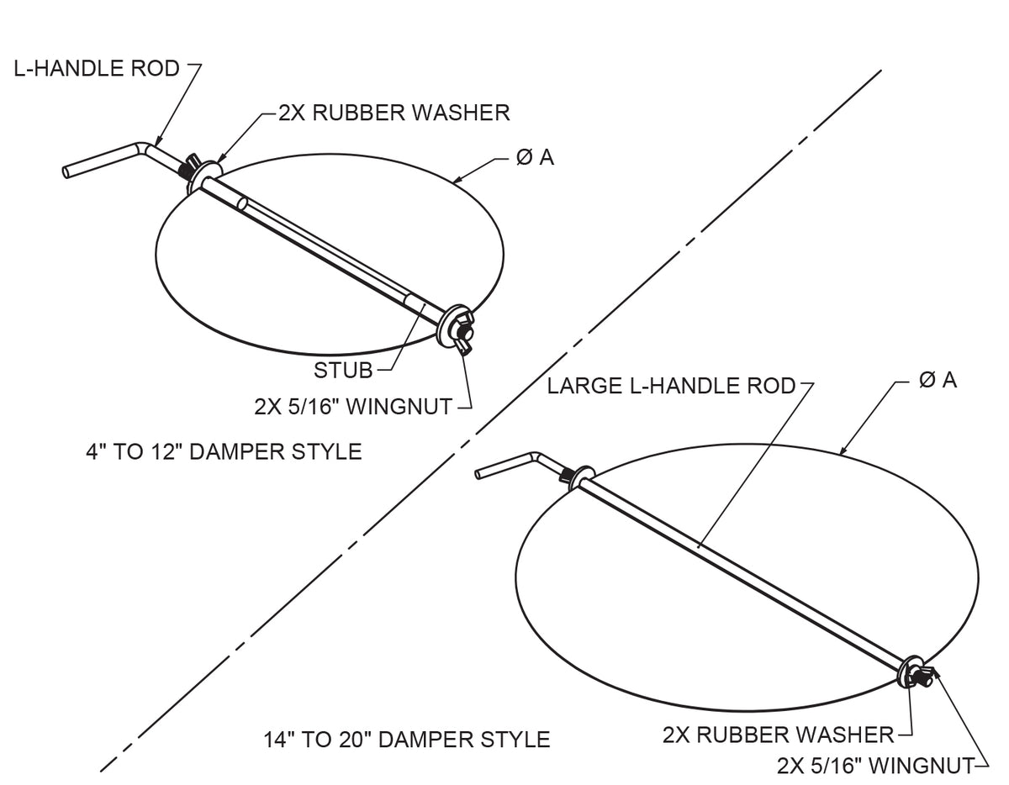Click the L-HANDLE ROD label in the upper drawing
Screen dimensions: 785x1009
click(97, 68)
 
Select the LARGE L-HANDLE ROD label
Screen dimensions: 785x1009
click(671, 386)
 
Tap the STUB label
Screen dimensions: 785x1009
click(343, 370)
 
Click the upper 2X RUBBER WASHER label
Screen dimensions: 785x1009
click(394, 112)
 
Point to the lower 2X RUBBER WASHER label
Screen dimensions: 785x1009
click(778, 735)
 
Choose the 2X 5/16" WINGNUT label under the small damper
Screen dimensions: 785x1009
click(351, 407)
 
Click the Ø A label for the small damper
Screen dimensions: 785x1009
click(535, 157)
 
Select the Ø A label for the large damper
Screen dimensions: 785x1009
click(938, 380)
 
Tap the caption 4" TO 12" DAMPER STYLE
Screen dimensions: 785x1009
click(224, 451)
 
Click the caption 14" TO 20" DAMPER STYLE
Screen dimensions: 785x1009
click(407, 740)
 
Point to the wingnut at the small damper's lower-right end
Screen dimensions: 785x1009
click(465, 334)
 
